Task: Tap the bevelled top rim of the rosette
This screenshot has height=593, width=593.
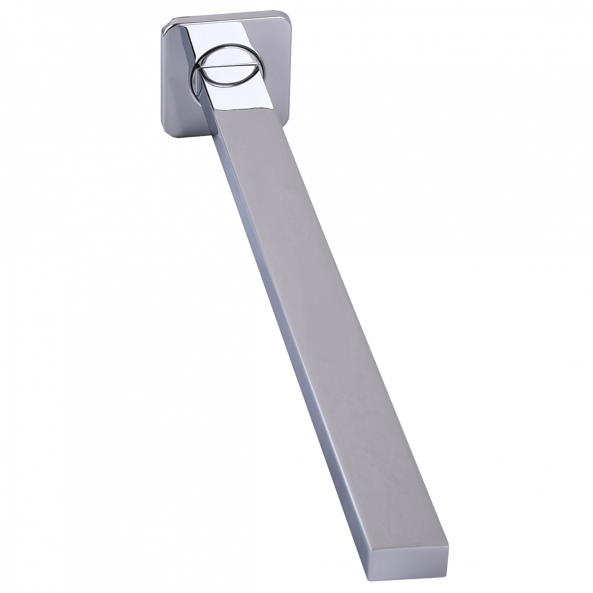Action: (217, 18)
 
